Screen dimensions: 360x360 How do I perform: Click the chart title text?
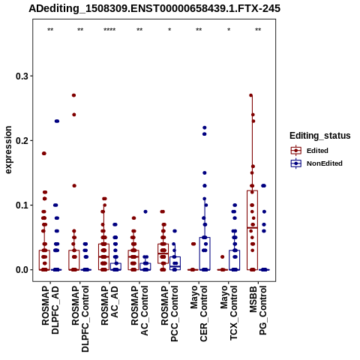(x=154, y=9)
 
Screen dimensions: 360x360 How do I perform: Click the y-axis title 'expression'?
(x=8, y=150)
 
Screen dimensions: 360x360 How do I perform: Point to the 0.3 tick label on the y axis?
(x=22, y=76)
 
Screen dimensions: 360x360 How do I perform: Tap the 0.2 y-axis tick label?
(x=22, y=140)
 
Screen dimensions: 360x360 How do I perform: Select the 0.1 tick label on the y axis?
(x=22, y=205)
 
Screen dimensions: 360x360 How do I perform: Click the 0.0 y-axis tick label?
(x=22, y=270)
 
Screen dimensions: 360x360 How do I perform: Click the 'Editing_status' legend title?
(x=320, y=136)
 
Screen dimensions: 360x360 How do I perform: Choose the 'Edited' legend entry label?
(x=317, y=151)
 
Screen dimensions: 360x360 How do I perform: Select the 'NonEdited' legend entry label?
(x=325, y=163)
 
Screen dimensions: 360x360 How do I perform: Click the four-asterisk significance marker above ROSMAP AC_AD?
(x=109, y=30)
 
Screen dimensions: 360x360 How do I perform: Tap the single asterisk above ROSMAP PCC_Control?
(x=169, y=30)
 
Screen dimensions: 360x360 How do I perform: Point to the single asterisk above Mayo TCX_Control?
(x=229, y=30)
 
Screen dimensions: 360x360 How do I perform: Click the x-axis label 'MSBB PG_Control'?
(x=258, y=310)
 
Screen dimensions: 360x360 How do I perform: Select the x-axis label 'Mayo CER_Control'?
(x=199, y=313)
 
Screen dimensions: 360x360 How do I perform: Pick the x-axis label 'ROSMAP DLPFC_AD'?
(x=50, y=310)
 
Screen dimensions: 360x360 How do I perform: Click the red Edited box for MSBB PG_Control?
(x=252, y=230)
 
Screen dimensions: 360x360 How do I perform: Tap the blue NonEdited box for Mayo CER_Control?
(x=205, y=253)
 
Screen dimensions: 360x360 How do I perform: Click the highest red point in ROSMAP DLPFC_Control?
(x=73, y=95)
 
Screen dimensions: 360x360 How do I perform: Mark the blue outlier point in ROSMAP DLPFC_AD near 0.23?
(x=57, y=121)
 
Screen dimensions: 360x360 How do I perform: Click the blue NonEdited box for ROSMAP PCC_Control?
(x=175, y=263)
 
